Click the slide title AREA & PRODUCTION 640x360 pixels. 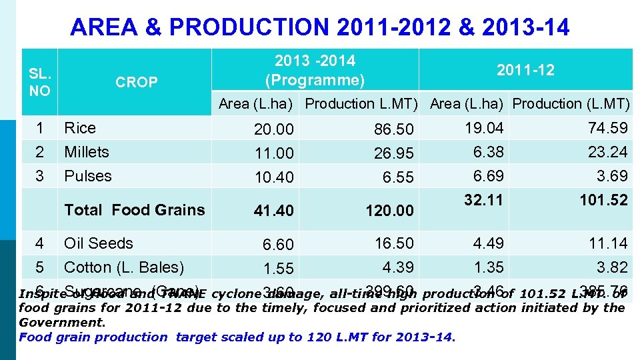[x=319, y=27]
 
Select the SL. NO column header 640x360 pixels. [x=39, y=82]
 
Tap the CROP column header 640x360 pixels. [x=136, y=82]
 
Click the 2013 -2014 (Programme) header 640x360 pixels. [x=315, y=71]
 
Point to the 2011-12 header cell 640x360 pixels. [x=525, y=70]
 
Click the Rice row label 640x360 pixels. [x=80, y=128]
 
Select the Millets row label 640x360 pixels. [x=87, y=152]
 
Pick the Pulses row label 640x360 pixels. [x=88, y=176]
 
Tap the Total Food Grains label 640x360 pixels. [x=135, y=210]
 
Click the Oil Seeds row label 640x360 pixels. [x=99, y=243]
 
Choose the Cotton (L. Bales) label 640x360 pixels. [x=124, y=267]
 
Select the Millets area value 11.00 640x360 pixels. [x=273, y=153]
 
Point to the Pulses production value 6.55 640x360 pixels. [x=399, y=177]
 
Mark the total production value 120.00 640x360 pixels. [x=389, y=211]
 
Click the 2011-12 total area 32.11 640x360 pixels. [x=484, y=200]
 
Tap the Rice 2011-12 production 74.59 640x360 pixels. [x=607, y=128]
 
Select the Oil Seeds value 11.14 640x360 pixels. [x=607, y=243]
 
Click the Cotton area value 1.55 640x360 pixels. [x=278, y=269]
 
